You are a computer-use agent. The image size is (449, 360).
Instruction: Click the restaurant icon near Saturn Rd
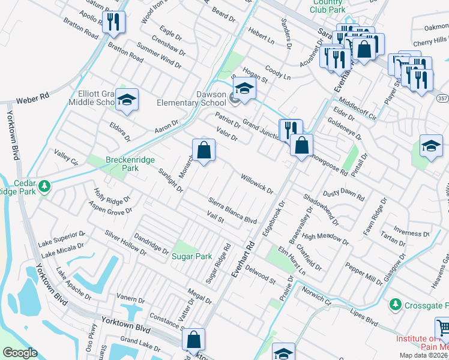pos(113,22)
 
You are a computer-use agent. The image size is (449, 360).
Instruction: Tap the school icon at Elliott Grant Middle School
pos(127,100)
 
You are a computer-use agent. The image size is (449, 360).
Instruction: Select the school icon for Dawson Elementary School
pos(245,89)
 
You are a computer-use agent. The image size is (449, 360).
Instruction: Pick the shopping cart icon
pos(443,328)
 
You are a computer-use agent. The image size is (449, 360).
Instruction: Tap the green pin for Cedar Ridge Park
pos(44,187)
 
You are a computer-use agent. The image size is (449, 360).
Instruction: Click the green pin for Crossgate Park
pos(395,305)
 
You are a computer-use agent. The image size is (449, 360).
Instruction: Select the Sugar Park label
pos(192,256)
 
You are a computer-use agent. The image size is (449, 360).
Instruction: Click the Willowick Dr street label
pos(257,184)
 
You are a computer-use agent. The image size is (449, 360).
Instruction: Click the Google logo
pos(20,353)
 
